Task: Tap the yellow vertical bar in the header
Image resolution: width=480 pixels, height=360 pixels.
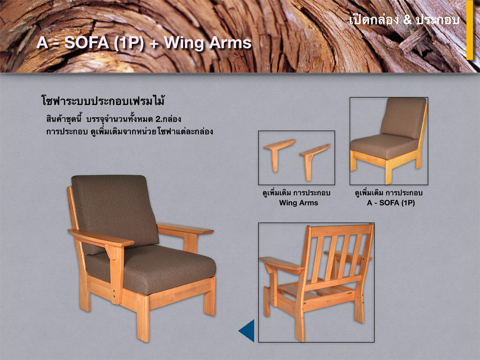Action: [x=470, y=30]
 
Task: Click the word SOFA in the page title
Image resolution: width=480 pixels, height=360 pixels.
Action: [x=87, y=43]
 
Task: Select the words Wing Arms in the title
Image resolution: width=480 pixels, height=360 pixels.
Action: [x=208, y=43]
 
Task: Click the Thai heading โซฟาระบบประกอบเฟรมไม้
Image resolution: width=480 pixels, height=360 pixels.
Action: [x=103, y=100]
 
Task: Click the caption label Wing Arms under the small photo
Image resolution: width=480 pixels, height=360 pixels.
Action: [x=299, y=202]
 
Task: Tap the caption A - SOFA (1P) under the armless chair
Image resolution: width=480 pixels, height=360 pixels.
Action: [x=390, y=202]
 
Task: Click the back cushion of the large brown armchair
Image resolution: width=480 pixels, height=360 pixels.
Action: [x=115, y=211]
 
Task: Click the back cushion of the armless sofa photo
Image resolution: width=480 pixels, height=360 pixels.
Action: [x=404, y=118]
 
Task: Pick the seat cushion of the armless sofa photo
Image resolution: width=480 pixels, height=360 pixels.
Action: [x=384, y=146]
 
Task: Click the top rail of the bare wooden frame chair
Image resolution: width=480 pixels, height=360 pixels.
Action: [x=341, y=230]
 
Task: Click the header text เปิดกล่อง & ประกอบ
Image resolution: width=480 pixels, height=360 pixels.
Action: [x=404, y=20]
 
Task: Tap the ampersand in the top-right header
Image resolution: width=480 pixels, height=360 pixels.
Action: [x=407, y=20]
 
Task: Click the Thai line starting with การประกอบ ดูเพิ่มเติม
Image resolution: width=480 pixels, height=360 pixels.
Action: [x=129, y=132]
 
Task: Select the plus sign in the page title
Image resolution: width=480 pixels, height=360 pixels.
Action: [x=154, y=44]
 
